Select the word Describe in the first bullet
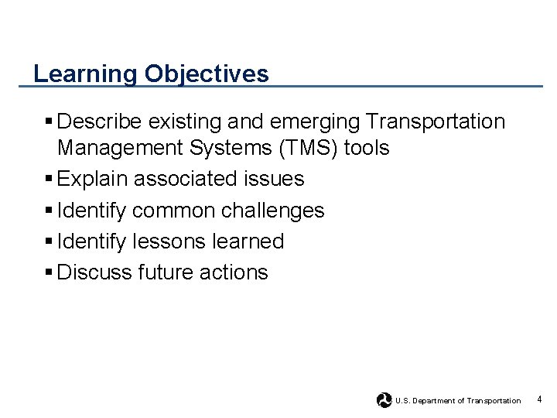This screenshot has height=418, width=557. click(x=100, y=122)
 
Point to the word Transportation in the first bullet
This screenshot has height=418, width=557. click(x=436, y=122)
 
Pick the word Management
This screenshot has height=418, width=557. click(x=118, y=148)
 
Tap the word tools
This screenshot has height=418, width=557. click(x=367, y=148)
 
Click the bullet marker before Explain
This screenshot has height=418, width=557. click(x=49, y=179)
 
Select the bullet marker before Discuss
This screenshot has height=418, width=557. click(x=49, y=272)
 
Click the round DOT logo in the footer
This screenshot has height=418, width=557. click(x=384, y=400)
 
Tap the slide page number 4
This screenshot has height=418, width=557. click(x=539, y=399)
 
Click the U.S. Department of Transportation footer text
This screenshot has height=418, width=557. click(x=458, y=401)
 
